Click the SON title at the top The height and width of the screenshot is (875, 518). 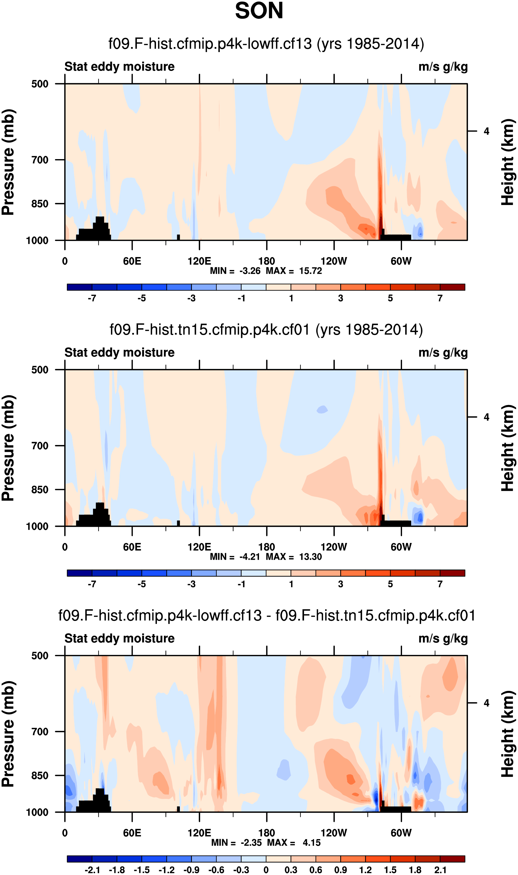259,11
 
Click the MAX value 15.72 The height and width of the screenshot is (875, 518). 310,271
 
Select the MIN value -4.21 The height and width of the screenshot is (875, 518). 250,557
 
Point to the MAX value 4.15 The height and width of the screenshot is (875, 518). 311,843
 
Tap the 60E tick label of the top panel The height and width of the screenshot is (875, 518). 132,261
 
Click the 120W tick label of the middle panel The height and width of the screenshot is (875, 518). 334,547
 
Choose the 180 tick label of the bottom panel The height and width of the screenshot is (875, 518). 267,833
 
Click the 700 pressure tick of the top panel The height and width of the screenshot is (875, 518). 40,160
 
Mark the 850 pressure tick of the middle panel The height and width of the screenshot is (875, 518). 40,490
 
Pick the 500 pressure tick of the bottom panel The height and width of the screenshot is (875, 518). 40,656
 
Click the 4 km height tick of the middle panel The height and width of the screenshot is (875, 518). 486,417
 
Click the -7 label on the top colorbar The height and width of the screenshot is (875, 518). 92,299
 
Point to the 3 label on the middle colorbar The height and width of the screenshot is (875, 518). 341,584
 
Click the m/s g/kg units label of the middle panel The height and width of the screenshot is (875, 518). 443,353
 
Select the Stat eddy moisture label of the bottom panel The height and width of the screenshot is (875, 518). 119,639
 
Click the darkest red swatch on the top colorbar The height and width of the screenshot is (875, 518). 452,287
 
